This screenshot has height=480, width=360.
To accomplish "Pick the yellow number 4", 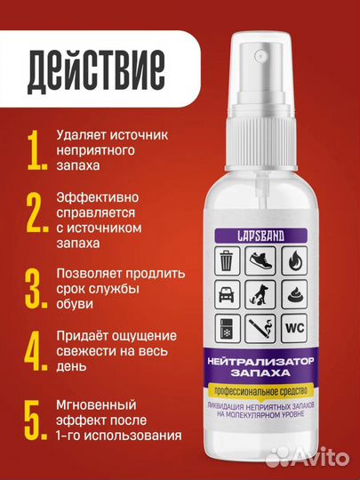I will [36, 353].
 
